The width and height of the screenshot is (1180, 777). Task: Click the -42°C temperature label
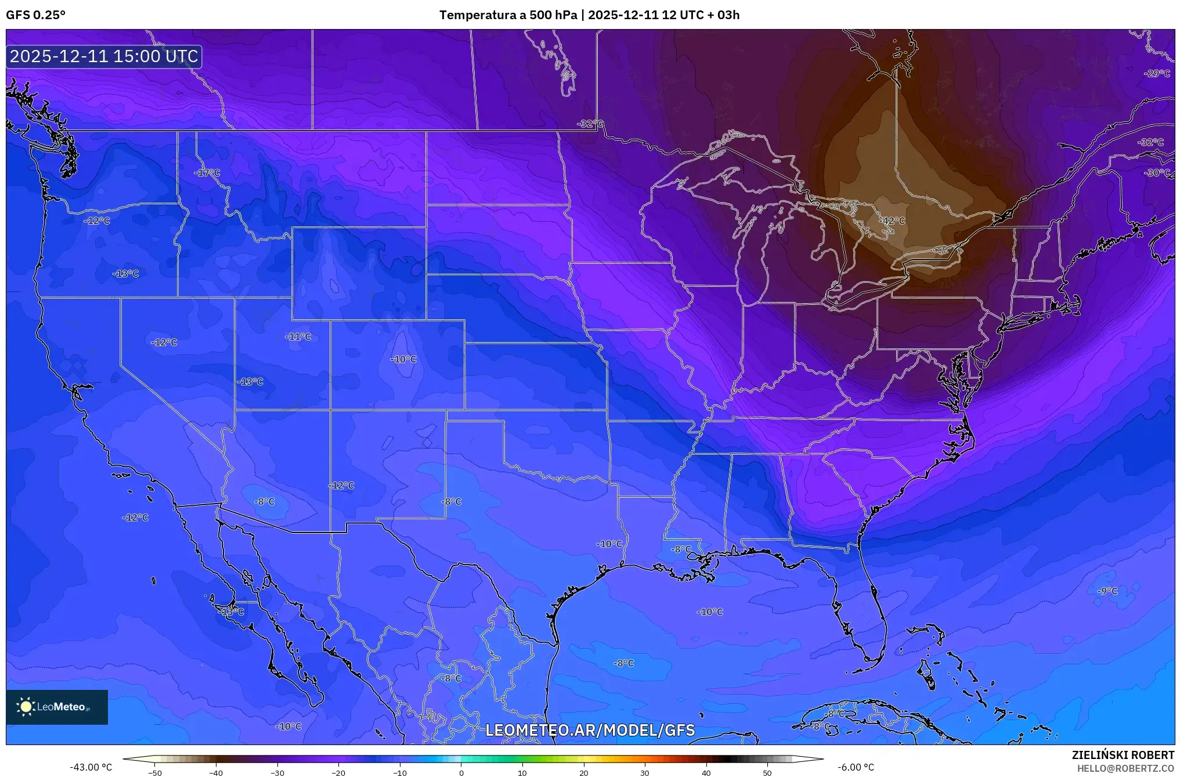pos(892,221)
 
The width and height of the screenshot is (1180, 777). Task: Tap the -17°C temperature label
pos(207,172)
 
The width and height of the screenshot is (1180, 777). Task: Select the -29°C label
pos(1157,73)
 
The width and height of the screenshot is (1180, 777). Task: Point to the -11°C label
pos(298,336)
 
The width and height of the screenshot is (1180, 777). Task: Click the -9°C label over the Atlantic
pos(1107,591)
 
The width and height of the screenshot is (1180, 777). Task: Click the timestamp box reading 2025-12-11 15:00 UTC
pos(104,56)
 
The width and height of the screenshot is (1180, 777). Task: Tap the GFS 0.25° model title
pos(36,15)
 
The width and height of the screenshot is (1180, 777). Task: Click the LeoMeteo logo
pos(57,707)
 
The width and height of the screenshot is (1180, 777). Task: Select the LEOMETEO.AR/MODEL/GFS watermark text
pos(590,730)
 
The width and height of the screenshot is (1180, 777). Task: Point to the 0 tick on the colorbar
pos(461,772)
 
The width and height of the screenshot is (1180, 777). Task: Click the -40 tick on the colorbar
pos(216,772)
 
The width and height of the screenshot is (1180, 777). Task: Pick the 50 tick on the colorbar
pos(767,772)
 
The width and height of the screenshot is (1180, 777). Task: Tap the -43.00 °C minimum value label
pos(91,767)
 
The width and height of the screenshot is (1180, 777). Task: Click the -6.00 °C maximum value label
pos(856,767)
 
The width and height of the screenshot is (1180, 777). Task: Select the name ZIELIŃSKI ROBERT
pos(1123,755)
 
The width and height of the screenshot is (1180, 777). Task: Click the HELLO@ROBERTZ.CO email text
pos(1125,768)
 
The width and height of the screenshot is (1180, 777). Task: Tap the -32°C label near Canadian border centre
pos(590,124)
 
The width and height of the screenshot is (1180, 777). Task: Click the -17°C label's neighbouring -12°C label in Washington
pos(97,221)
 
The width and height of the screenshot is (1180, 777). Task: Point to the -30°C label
pos(1157,172)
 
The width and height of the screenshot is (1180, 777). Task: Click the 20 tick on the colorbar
pos(583,772)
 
